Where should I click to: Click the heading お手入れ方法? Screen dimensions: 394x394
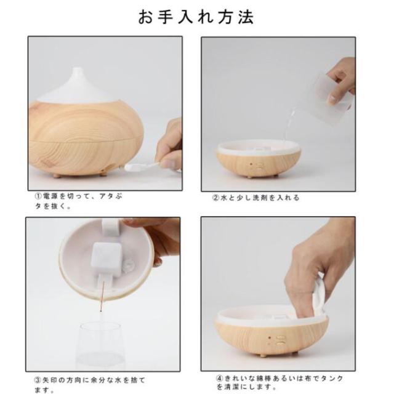click(x=196, y=17)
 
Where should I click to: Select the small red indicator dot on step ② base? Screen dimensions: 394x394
click(x=251, y=164)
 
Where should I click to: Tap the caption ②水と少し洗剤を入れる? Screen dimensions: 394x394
click(x=256, y=198)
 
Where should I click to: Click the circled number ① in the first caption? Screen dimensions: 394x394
click(x=38, y=196)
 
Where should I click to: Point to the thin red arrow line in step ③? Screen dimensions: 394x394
click(x=102, y=297)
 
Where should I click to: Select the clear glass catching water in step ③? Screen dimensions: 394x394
click(x=101, y=346)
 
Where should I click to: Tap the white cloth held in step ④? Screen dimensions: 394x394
click(x=319, y=294)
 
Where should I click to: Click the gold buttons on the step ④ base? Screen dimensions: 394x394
click(x=280, y=340)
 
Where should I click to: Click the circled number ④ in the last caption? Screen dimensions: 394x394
click(x=219, y=378)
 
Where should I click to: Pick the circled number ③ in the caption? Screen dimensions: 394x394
click(x=37, y=380)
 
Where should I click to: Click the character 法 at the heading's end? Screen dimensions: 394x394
click(x=246, y=17)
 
